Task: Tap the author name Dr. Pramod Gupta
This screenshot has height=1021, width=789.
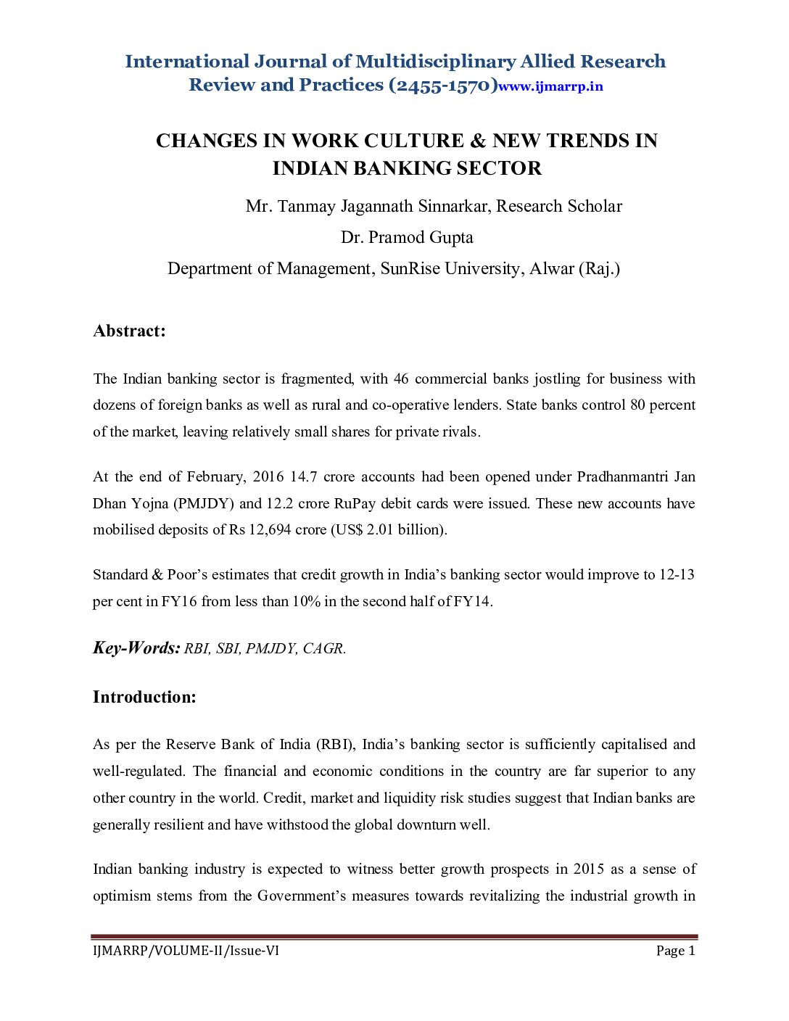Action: (407, 237)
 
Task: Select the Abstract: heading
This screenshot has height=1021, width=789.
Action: (129, 331)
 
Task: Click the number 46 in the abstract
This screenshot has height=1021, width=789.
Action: (401, 379)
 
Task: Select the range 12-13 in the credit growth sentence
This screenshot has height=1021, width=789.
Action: (676, 574)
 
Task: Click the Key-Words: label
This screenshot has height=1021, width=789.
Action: (136, 648)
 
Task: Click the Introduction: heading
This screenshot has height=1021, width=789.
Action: (144, 697)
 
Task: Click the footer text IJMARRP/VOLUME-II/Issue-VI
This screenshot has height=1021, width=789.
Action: (186, 951)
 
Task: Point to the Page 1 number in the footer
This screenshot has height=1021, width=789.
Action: (675, 951)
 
